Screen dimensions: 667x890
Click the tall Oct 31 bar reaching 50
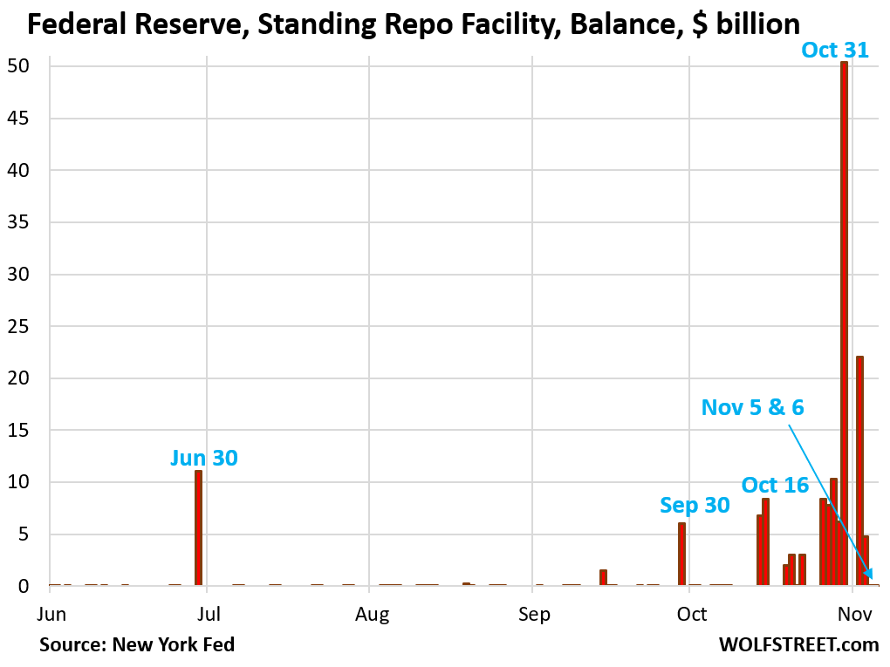point(844,323)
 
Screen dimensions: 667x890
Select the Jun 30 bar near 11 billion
point(199,527)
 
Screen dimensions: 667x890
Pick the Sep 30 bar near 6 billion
point(681,554)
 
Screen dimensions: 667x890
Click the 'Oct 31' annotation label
point(835,51)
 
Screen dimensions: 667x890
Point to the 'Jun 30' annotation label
point(203,457)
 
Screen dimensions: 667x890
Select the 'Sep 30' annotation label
point(695,505)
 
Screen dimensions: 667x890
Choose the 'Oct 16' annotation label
point(775,485)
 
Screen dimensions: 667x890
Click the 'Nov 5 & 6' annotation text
point(752,406)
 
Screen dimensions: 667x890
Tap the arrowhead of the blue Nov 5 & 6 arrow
point(869,574)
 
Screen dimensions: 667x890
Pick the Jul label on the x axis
point(207,615)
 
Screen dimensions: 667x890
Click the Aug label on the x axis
point(371,615)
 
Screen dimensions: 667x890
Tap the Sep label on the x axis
point(533,615)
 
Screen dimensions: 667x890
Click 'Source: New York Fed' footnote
point(136,645)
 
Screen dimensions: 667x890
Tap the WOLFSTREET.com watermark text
point(798,645)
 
